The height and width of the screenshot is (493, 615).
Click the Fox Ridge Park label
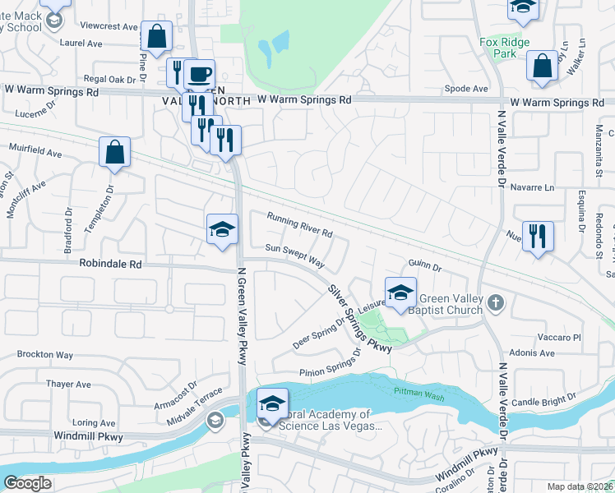pyautogui.click(x=506, y=47)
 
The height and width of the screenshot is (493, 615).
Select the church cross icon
pyautogui.click(x=495, y=303)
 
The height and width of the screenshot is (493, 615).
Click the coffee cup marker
pyautogui.click(x=199, y=75)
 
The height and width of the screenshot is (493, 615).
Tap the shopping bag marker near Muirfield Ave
pyautogui.click(x=114, y=153)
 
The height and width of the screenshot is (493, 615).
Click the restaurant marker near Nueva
pyautogui.click(x=538, y=237)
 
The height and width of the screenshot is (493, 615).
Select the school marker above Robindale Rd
pyautogui.click(x=222, y=230)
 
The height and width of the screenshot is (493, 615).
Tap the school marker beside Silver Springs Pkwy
pyautogui.click(x=400, y=293)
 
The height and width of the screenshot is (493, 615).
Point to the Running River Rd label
pyautogui.click(x=300, y=224)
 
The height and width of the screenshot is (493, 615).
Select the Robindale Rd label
pyautogui.click(x=111, y=265)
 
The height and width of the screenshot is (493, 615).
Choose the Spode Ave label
pyautogui.click(x=466, y=88)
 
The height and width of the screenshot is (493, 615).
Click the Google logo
pyautogui.click(x=27, y=483)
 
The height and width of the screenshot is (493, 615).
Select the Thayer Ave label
pyautogui.click(x=68, y=384)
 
